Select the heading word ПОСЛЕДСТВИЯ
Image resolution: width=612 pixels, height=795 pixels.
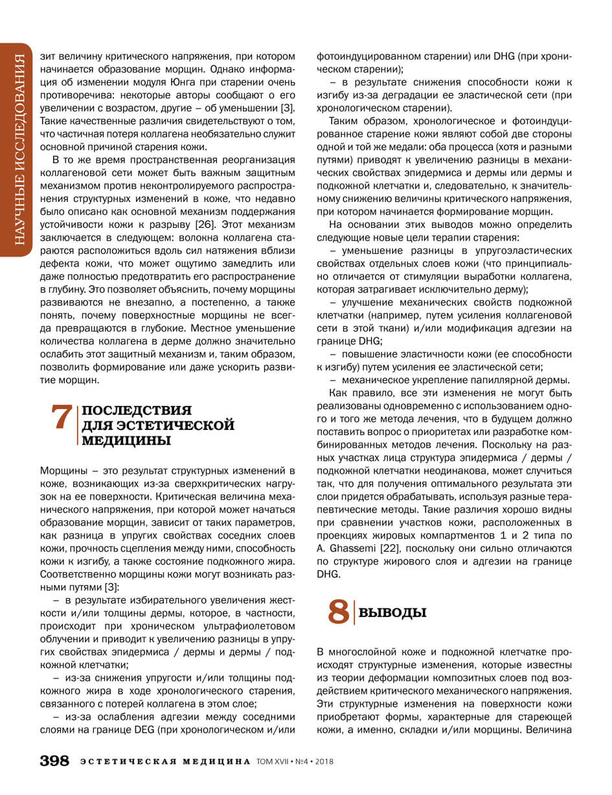[137, 411]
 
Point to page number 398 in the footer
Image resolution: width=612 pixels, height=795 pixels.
[55, 761]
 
